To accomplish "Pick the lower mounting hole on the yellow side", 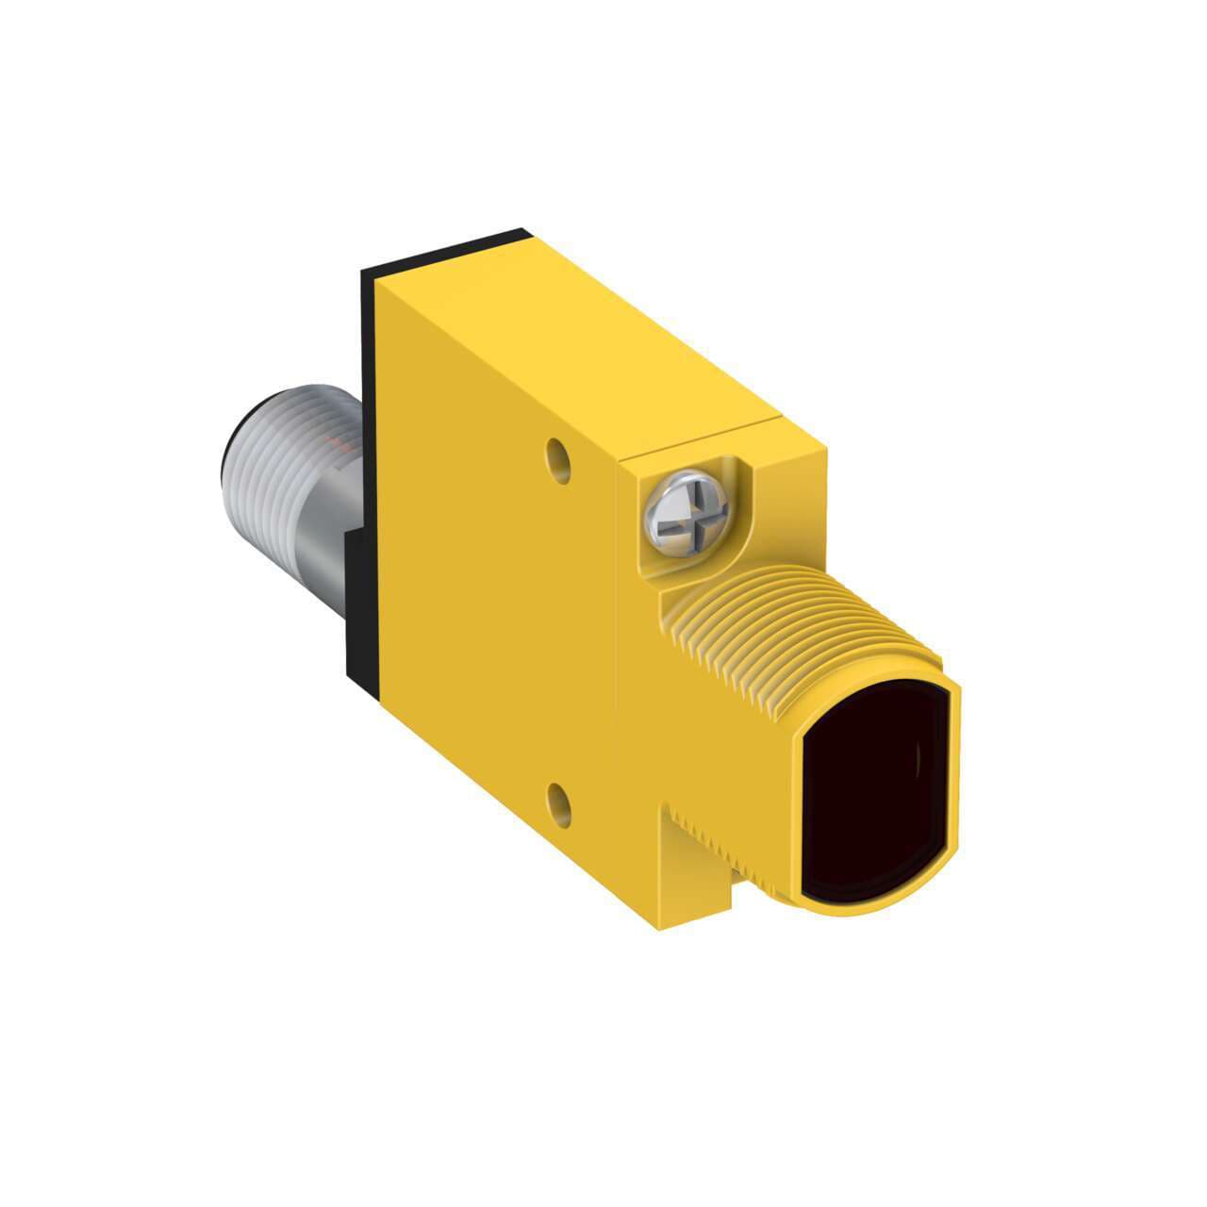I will pyautogui.click(x=560, y=803).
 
